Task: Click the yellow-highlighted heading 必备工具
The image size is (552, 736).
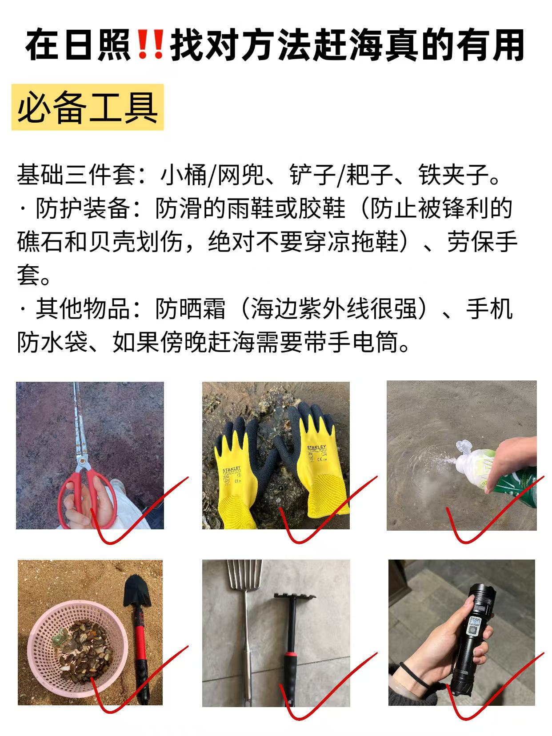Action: pos(88,107)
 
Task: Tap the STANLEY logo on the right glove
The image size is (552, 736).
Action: pos(316,448)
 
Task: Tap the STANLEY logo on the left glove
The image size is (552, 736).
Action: pos(232,469)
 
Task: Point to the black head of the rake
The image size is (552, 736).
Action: pos(294,597)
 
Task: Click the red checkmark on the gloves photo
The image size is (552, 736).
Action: pos(327,512)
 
